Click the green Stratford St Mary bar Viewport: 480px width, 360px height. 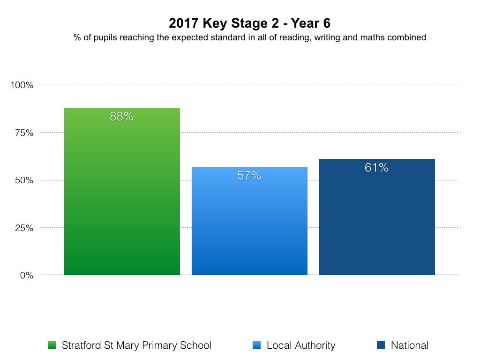(122, 197)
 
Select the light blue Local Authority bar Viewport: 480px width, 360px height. (249, 225)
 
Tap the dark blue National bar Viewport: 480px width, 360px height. (377, 220)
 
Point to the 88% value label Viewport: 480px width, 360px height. (122, 117)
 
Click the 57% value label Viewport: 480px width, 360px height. (249, 176)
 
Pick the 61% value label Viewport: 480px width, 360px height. (377, 168)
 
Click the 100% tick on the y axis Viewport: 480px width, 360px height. (22, 85)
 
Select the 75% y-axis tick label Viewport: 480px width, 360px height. (24, 133)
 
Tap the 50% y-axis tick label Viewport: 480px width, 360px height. (24, 180)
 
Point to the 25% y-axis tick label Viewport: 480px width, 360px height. (24, 228)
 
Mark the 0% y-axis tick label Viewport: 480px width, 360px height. (26, 276)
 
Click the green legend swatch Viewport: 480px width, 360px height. (52, 345)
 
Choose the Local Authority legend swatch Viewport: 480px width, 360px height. (256, 345)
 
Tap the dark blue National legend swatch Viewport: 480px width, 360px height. (381, 345)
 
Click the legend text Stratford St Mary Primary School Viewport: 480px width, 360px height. (136, 345)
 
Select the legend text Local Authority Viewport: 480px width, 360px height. (301, 345)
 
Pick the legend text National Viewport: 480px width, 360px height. (410, 345)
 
